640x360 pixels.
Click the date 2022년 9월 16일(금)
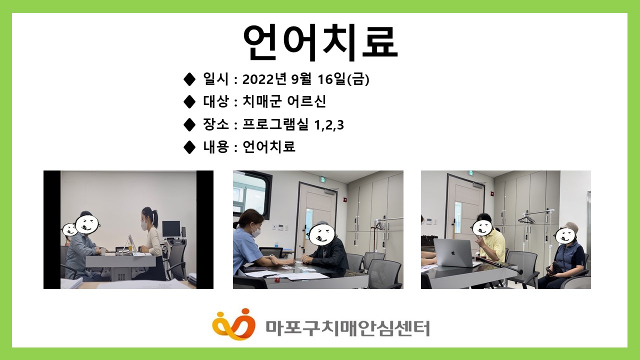(x=305, y=79)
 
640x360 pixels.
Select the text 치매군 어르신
(x=284, y=101)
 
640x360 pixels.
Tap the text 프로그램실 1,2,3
(x=293, y=124)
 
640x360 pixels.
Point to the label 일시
(x=215, y=79)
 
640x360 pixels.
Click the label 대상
(x=215, y=101)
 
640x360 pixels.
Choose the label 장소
(x=215, y=124)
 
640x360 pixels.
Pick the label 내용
(x=215, y=146)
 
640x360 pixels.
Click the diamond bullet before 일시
(x=189, y=79)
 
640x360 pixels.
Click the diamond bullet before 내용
(x=189, y=147)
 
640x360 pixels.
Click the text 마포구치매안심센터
(x=347, y=328)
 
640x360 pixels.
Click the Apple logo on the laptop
(x=452, y=253)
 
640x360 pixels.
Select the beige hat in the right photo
(x=569, y=227)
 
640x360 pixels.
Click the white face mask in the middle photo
(x=255, y=231)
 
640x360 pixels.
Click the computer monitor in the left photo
(x=171, y=229)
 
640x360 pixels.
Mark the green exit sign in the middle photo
(x=322, y=179)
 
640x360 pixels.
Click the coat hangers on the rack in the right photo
(x=526, y=219)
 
